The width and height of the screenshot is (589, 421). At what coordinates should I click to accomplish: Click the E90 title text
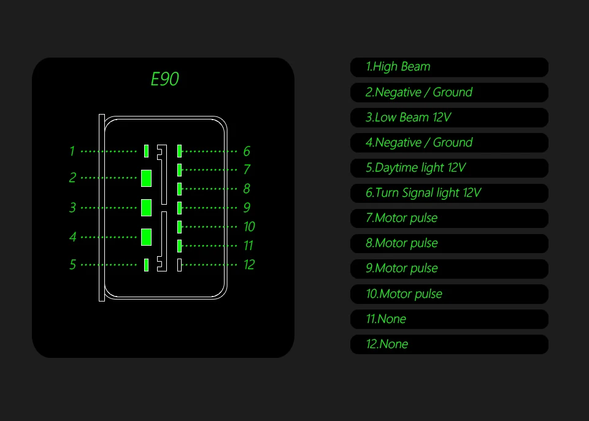(x=164, y=79)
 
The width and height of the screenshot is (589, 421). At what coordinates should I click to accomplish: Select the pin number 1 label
(x=72, y=151)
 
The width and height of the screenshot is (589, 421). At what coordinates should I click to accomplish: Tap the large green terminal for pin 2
(x=146, y=178)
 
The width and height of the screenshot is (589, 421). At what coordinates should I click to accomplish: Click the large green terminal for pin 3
(x=146, y=208)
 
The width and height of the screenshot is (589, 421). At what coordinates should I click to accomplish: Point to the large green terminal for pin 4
(x=146, y=237)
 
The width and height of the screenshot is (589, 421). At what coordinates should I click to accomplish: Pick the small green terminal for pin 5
(x=146, y=265)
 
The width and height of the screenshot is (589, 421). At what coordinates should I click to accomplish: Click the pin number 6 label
(x=247, y=151)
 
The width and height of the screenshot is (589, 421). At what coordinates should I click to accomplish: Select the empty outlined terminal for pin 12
(x=179, y=265)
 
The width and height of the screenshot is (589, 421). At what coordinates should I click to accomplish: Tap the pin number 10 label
(x=249, y=227)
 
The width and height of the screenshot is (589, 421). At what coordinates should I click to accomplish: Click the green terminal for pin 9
(x=179, y=208)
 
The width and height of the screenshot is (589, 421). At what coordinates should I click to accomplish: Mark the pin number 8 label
(x=247, y=189)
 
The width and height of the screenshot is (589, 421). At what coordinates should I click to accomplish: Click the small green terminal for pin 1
(x=146, y=151)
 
